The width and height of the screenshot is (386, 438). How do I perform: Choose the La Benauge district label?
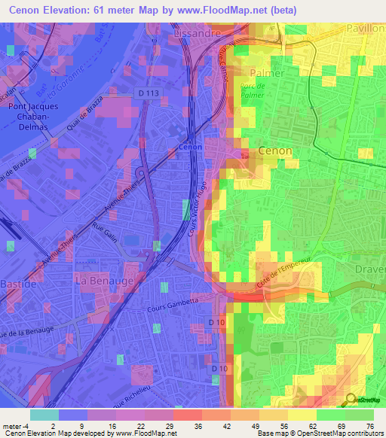click(x=105, y=280)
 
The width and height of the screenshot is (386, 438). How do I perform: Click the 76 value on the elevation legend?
click(x=368, y=425)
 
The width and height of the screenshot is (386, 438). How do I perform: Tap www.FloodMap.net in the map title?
click(x=231, y=10)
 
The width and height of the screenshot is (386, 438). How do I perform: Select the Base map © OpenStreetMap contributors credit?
click(x=320, y=433)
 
